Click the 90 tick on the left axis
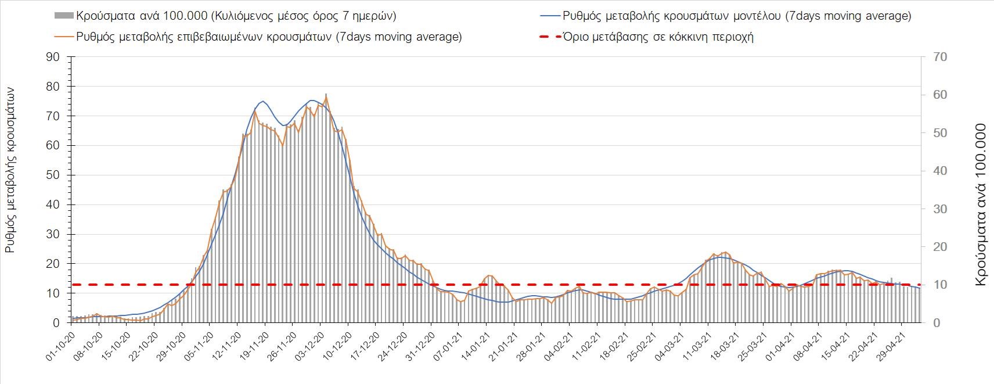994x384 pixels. pyautogui.click(x=53, y=57)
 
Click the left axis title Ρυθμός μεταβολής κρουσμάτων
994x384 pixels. pyautogui.click(x=10, y=169)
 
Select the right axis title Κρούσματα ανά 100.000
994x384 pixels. pyautogui.click(x=981, y=204)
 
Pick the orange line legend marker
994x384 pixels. pyautogui.click(x=64, y=37)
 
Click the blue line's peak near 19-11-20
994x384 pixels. pyautogui.click(x=263, y=101)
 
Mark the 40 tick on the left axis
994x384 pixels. pyautogui.click(x=53, y=204)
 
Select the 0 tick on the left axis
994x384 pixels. pyautogui.click(x=56, y=322)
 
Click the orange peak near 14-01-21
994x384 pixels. pyautogui.click(x=489, y=275)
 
